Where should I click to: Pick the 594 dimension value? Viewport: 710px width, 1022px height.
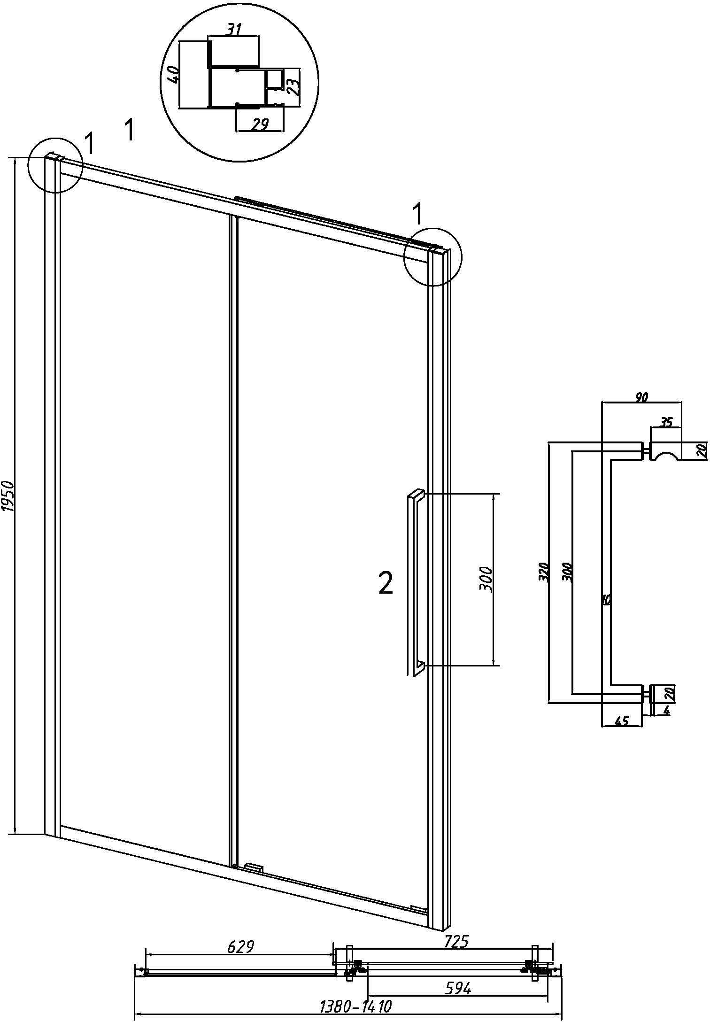[458, 987]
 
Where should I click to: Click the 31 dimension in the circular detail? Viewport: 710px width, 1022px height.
[234, 30]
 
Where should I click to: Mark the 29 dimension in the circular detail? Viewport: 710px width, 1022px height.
[260, 124]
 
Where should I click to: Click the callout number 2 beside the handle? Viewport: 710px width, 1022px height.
[386, 585]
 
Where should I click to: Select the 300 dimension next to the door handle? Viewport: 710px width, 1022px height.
[486, 580]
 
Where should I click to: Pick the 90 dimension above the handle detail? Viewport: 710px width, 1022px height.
[641, 397]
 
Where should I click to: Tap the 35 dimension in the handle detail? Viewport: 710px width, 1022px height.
[666, 422]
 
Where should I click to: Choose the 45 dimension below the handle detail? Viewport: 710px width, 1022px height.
[622, 721]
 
